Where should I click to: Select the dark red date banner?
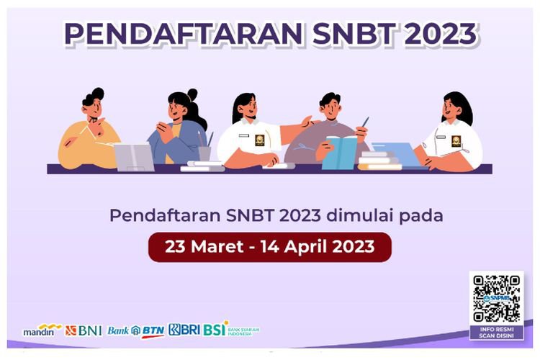pyautogui.click(x=269, y=246)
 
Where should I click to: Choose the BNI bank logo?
pyautogui.click(x=84, y=330)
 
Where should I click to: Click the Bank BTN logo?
pyautogui.click(x=136, y=330)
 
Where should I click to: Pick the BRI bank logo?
pyautogui.click(x=184, y=330)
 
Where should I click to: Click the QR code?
pyautogui.click(x=496, y=297)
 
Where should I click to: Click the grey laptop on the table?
pyautogui.click(x=133, y=156)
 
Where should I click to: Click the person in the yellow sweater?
pyautogui.click(x=89, y=137)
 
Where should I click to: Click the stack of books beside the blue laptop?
pyautogui.click(x=379, y=161)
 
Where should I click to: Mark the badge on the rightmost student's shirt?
pyautogui.click(x=456, y=140)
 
